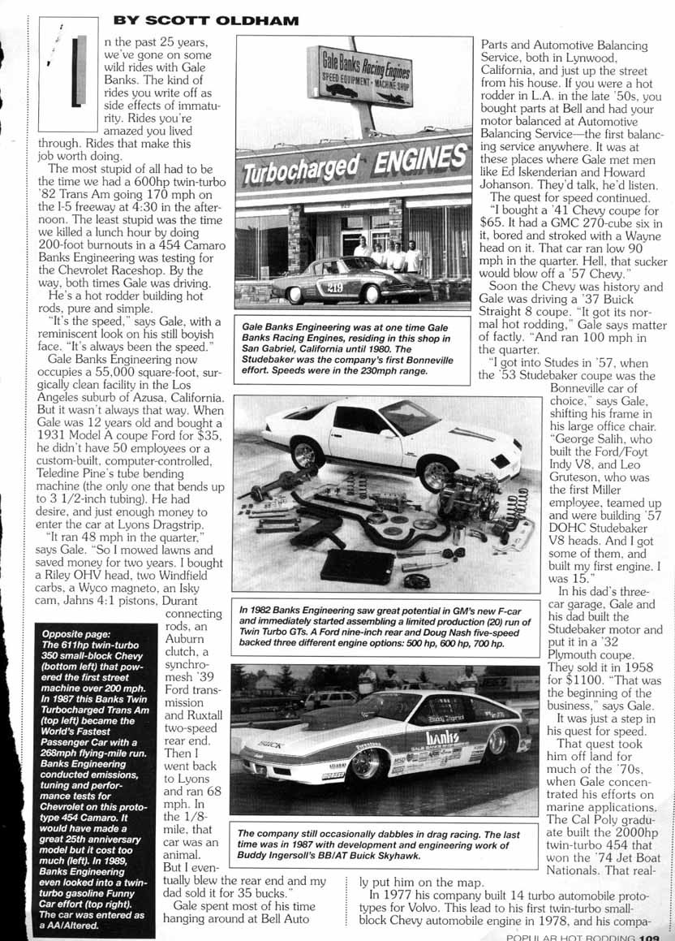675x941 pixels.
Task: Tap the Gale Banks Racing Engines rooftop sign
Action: [360, 75]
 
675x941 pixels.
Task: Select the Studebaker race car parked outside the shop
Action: [349, 280]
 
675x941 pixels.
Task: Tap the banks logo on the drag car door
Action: [442, 738]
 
